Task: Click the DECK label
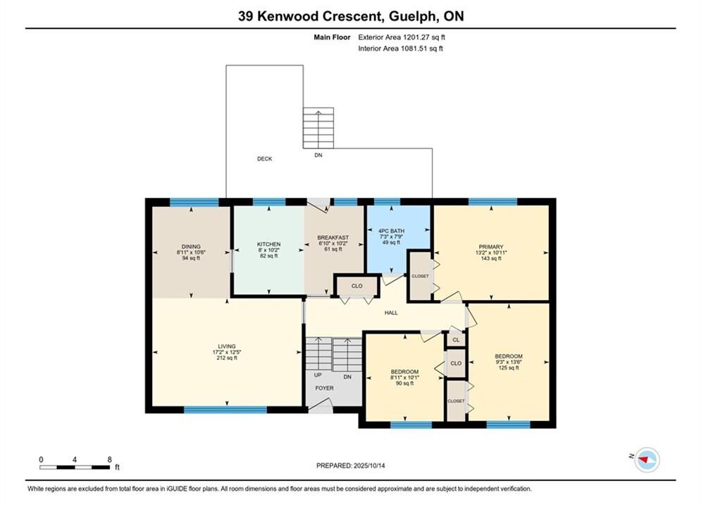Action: point(264,158)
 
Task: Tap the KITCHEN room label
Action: point(268,244)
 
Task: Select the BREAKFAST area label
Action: point(333,237)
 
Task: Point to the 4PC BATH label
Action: point(391,231)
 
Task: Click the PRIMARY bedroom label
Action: point(491,246)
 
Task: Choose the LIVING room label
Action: point(227,346)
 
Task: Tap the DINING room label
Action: point(191,246)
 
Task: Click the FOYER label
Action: point(324,388)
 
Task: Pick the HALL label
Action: point(391,313)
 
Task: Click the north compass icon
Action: point(647,459)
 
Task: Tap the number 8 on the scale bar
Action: point(109,459)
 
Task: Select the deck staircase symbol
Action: point(318,127)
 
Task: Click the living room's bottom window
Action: point(225,410)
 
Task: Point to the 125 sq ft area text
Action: point(509,368)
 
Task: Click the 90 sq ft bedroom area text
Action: point(404,383)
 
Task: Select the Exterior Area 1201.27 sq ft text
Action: point(402,37)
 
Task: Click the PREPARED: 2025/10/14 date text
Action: point(351,465)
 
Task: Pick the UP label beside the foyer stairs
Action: point(318,375)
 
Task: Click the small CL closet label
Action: point(456,340)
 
